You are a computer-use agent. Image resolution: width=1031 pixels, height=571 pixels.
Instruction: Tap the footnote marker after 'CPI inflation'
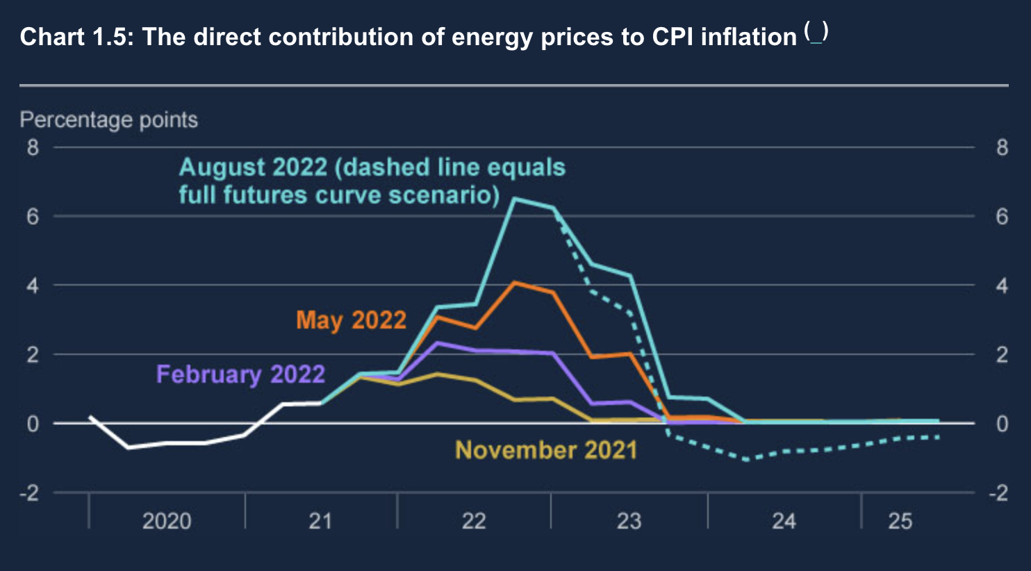[x=816, y=33]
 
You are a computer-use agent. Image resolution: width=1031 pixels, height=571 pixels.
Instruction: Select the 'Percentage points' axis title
[x=108, y=120]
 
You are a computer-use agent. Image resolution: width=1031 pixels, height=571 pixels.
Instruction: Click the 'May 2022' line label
[x=351, y=320]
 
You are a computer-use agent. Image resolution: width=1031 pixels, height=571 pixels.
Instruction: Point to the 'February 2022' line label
[x=240, y=374]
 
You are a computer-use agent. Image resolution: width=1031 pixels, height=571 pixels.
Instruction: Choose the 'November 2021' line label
[x=545, y=450]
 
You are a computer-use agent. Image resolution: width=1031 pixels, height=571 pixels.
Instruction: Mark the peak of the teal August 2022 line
[x=514, y=199]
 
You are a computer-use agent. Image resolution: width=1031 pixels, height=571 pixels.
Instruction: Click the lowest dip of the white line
[x=128, y=447]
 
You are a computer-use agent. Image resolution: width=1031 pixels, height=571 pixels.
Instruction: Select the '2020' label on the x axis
[x=167, y=521]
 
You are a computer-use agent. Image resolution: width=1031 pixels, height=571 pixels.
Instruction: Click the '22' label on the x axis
[x=474, y=521]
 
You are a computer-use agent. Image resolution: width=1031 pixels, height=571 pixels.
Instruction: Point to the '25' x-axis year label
[x=900, y=521]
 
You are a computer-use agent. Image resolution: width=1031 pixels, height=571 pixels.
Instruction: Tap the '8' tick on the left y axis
[x=33, y=147]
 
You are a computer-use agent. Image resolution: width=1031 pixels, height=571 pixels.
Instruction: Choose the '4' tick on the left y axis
[x=33, y=285]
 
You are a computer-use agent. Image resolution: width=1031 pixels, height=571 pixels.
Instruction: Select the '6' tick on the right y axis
[x=1001, y=217]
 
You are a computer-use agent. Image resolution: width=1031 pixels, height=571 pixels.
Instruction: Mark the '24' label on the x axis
[x=784, y=521]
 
